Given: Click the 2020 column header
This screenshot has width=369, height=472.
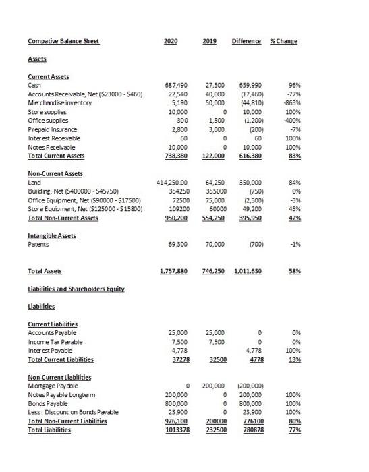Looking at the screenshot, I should pyautogui.click(x=171, y=41).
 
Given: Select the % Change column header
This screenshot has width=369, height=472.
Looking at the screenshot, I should pyautogui.click(x=283, y=41).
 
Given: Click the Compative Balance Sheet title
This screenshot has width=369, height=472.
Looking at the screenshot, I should pyautogui.click(x=63, y=41).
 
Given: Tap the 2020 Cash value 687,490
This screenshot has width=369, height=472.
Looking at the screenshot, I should pyautogui.click(x=176, y=86).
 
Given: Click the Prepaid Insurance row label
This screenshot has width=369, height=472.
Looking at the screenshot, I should pyautogui.click(x=52, y=129).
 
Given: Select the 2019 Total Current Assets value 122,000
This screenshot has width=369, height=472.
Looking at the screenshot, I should pyautogui.click(x=211, y=154).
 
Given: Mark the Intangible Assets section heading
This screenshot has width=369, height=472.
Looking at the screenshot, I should pyautogui.click(x=53, y=235).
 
